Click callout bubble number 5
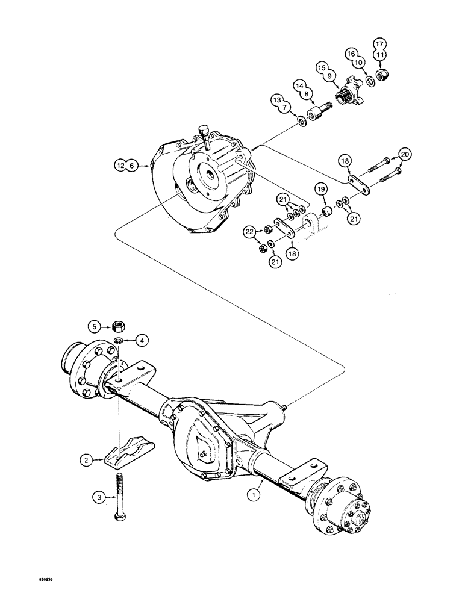[93, 327]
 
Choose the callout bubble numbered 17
[379, 44]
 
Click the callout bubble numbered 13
[276, 99]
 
